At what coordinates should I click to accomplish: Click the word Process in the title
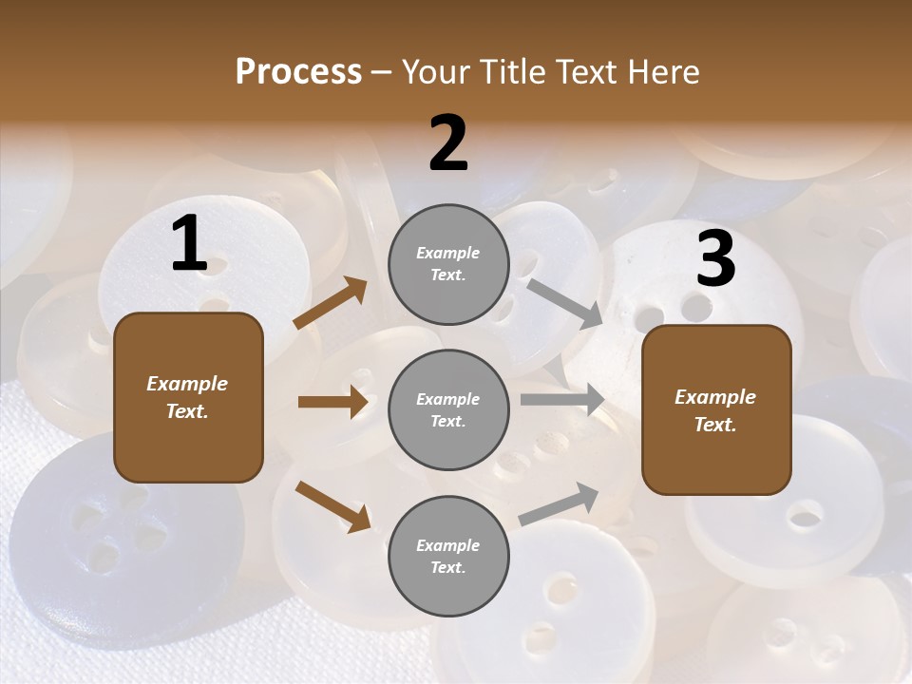tap(298, 71)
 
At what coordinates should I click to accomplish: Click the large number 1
tap(189, 244)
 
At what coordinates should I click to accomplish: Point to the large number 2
tap(448, 143)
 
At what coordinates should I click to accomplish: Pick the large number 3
tap(715, 259)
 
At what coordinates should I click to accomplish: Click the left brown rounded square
tap(188, 397)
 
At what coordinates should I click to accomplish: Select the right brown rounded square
tap(716, 410)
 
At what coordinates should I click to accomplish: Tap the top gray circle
tap(448, 264)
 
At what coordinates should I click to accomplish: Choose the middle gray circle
tap(448, 410)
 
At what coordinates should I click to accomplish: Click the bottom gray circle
tap(448, 557)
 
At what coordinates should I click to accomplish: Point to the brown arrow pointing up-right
tap(331, 303)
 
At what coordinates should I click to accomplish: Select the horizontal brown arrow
tap(332, 402)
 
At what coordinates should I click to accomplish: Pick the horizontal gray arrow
tap(562, 399)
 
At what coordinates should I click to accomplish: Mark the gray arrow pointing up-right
tap(559, 503)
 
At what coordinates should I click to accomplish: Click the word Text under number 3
tap(715, 425)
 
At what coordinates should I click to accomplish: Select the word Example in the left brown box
tap(187, 384)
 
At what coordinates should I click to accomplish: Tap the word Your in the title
tap(435, 71)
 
